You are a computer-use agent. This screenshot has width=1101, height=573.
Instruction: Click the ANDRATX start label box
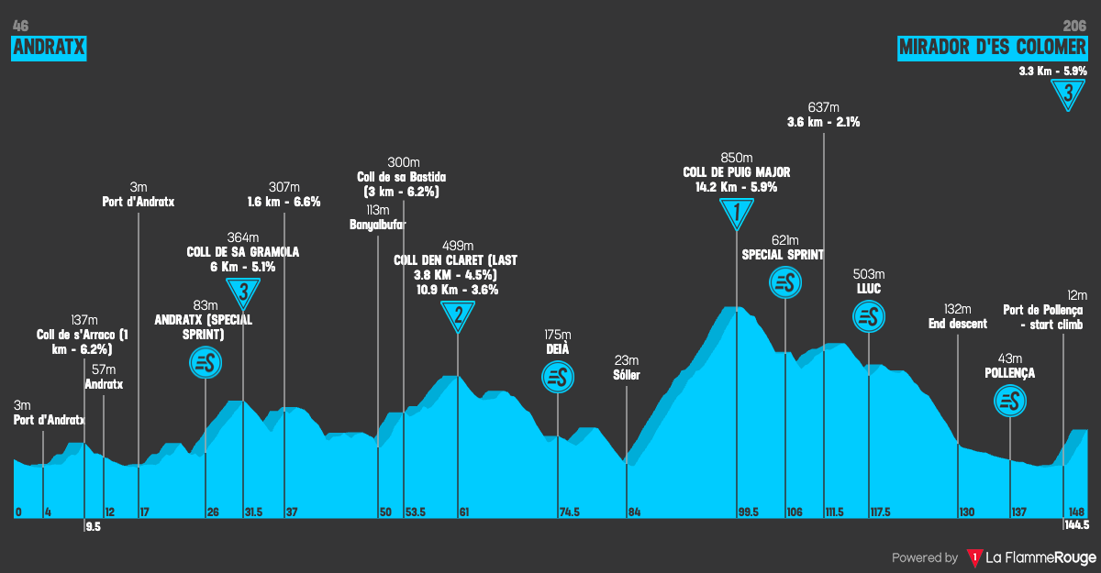49,49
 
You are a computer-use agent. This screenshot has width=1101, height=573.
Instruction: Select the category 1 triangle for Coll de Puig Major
736,214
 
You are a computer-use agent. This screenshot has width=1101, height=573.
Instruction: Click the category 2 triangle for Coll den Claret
458,317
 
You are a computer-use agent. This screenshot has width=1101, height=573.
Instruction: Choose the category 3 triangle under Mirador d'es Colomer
1068,94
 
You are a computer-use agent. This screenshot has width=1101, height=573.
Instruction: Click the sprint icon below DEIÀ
557,376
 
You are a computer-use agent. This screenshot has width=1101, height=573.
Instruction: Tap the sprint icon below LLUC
868,317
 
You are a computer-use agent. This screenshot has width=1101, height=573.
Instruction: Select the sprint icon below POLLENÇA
1009,401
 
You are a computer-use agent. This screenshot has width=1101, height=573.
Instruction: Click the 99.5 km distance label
747,512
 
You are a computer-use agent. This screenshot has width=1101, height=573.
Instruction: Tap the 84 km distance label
634,512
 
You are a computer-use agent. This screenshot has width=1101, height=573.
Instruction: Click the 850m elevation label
736,158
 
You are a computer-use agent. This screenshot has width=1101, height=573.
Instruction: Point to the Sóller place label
627,375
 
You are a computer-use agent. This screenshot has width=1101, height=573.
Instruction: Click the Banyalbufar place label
378,225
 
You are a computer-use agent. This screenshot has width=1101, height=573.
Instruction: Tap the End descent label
957,324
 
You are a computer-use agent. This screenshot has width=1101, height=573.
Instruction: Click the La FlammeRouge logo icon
973,557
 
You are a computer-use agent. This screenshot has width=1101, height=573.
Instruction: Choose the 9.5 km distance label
93,525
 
